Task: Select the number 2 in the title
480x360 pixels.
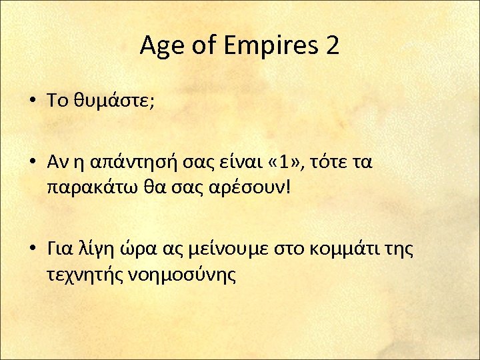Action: tap(331, 47)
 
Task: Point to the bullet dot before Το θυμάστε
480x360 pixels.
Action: tap(32, 101)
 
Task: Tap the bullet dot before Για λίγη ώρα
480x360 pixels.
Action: tap(32, 251)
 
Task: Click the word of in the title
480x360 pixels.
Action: tap(200, 47)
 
